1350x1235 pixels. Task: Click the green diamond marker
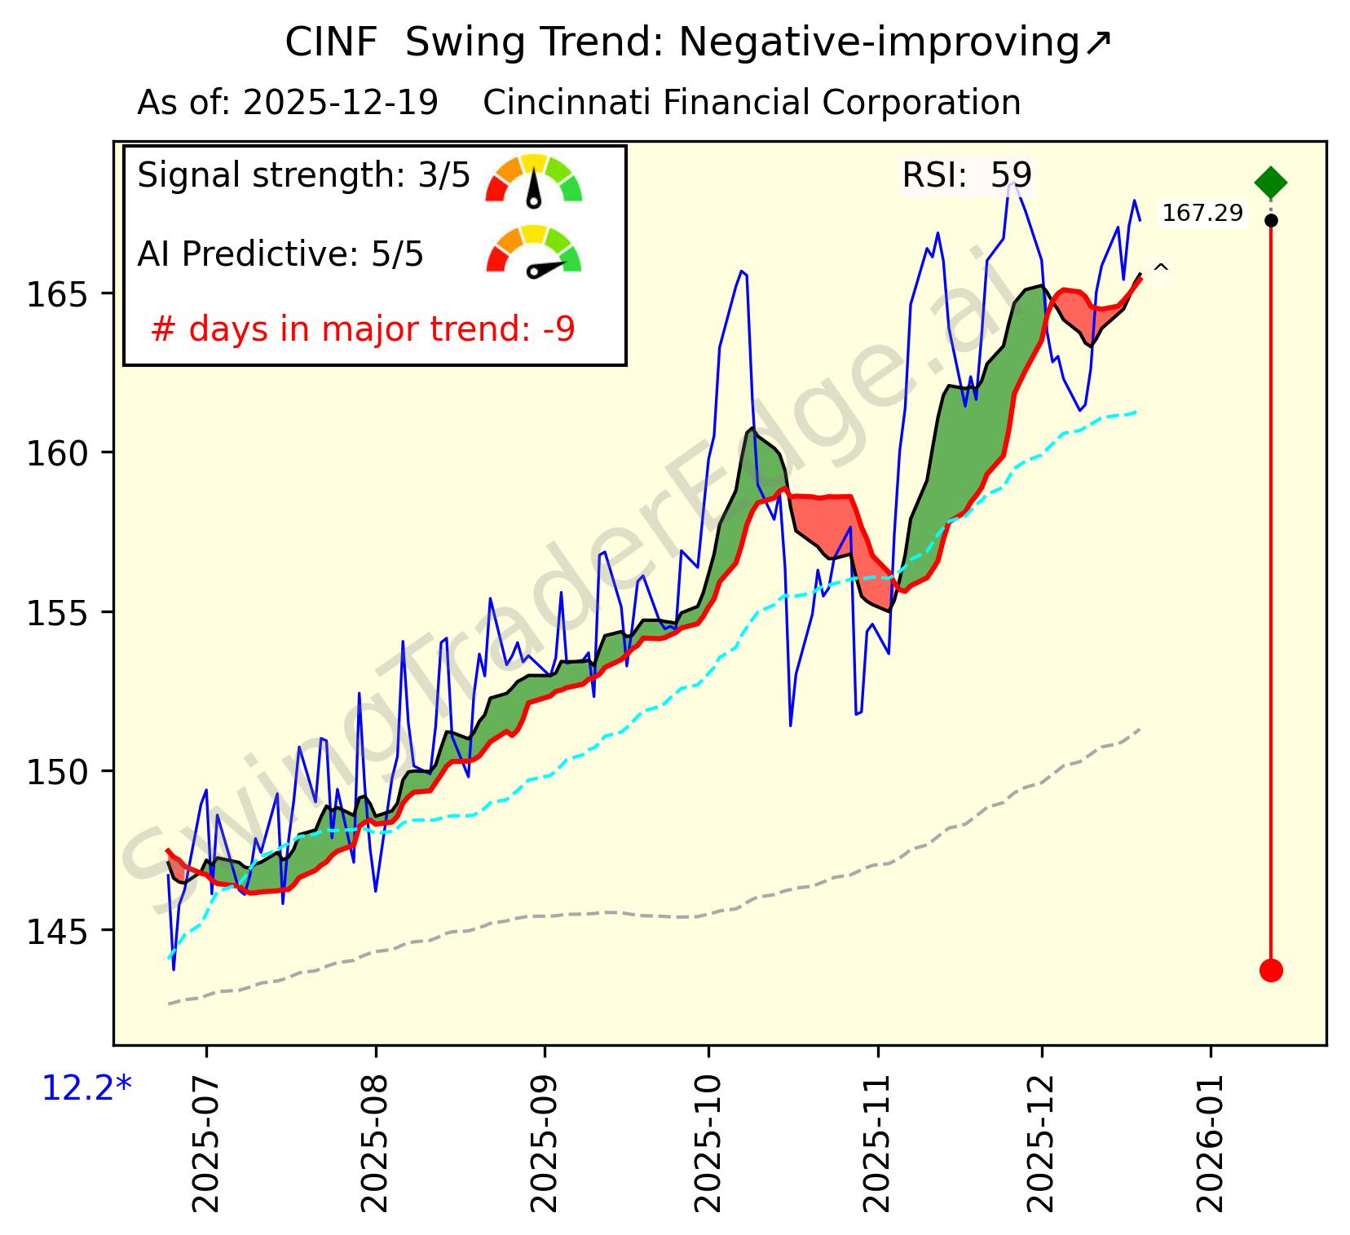1270,182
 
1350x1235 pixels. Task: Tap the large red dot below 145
1270,970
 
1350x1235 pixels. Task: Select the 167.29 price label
1202,214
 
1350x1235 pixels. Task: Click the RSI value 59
1011,175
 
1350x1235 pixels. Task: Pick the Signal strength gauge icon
534,179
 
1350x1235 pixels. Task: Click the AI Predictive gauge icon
534,252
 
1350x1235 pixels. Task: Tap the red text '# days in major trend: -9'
363,330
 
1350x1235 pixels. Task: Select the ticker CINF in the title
331,43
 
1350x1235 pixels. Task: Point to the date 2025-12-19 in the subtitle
341,104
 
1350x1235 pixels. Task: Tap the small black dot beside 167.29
1270,220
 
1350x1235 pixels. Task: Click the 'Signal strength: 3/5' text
303,175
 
